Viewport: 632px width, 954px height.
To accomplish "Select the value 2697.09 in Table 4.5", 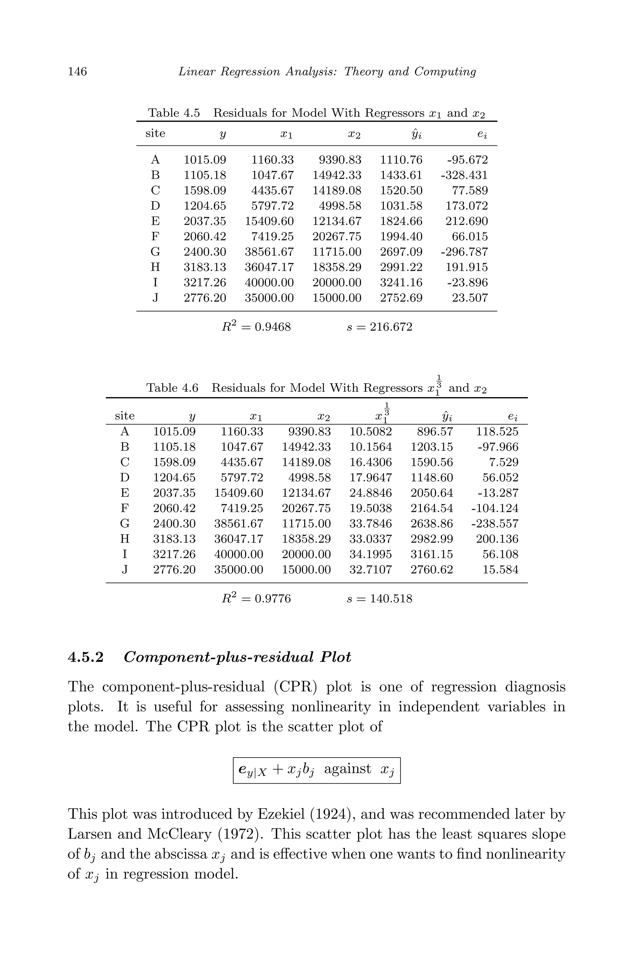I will [401, 252].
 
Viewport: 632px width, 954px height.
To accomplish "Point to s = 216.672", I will [379, 327].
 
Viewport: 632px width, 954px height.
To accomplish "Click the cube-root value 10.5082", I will [370, 432].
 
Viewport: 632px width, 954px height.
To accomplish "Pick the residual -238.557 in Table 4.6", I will [495, 524].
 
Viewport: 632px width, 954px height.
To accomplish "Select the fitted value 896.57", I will [434, 432].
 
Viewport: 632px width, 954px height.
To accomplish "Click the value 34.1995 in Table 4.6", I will [370, 554].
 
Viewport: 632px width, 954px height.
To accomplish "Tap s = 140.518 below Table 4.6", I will [379, 598].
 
